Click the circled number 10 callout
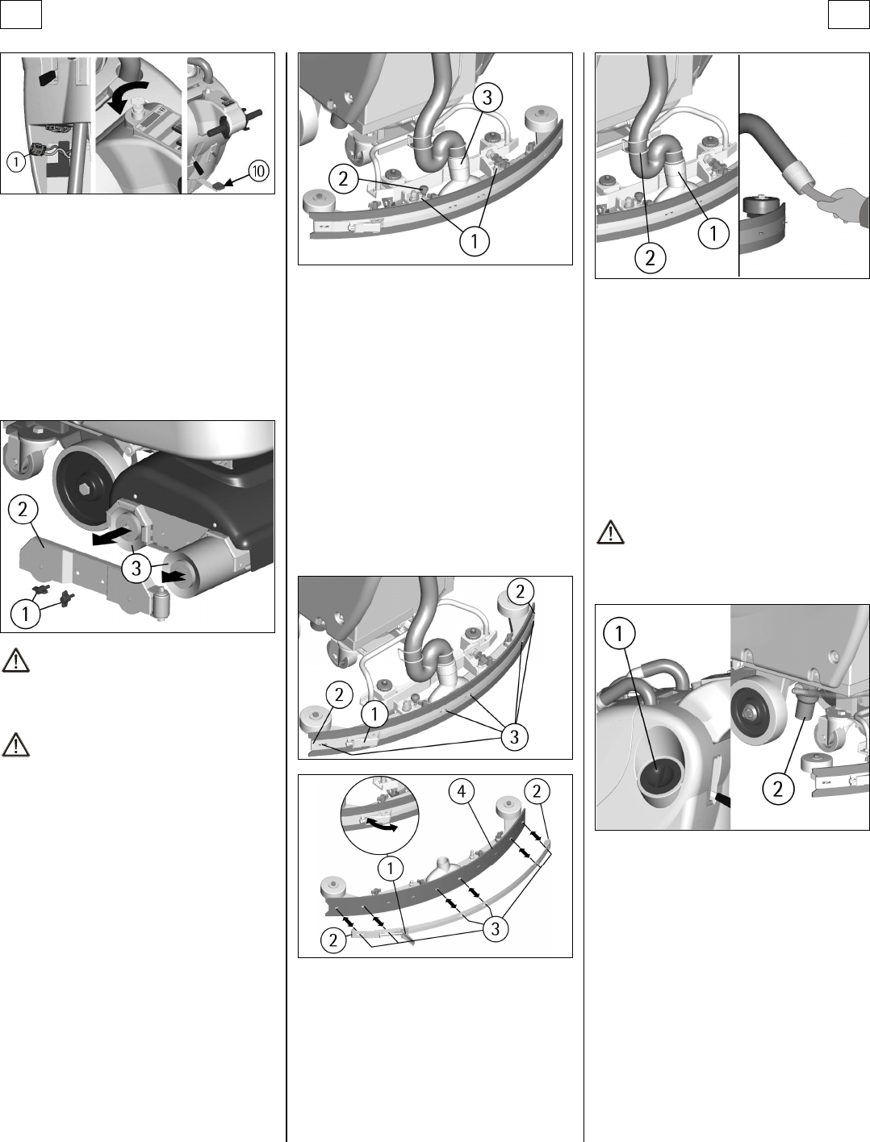[259, 171]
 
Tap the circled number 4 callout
[462, 791]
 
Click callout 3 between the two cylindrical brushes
[136, 568]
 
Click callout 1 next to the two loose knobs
[24, 615]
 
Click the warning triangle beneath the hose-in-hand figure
[610, 531]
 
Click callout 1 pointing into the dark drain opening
[619, 633]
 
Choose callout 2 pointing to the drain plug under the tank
[778, 790]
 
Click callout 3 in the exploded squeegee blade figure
[496, 929]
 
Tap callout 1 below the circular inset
[391, 868]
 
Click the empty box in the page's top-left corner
[21, 15]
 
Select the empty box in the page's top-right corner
[849, 15]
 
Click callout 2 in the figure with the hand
[650, 257]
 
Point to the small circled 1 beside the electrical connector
[16, 162]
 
